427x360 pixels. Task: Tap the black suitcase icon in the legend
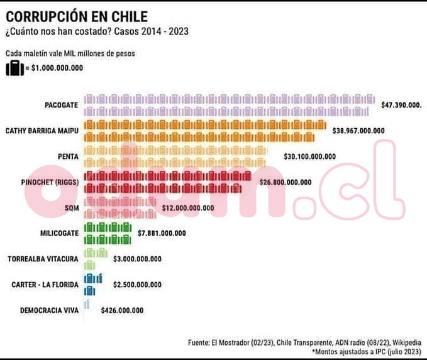click(x=14, y=68)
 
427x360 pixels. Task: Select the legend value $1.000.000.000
click(x=57, y=68)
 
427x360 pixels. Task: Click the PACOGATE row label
click(x=62, y=105)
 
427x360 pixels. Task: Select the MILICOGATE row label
click(x=59, y=233)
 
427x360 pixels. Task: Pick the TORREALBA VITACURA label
click(x=43, y=259)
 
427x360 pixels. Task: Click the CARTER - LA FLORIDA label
click(x=45, y=285)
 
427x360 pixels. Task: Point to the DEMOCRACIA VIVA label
click(x=50, y=310)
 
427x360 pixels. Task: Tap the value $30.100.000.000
click(x=309, y=156)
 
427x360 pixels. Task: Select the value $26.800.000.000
click(x=285, y=182)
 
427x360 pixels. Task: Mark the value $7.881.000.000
click(x=162, y=233)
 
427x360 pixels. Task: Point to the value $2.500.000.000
click(x=137, y=285)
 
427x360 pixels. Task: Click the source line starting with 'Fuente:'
click(x=304, y=342)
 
